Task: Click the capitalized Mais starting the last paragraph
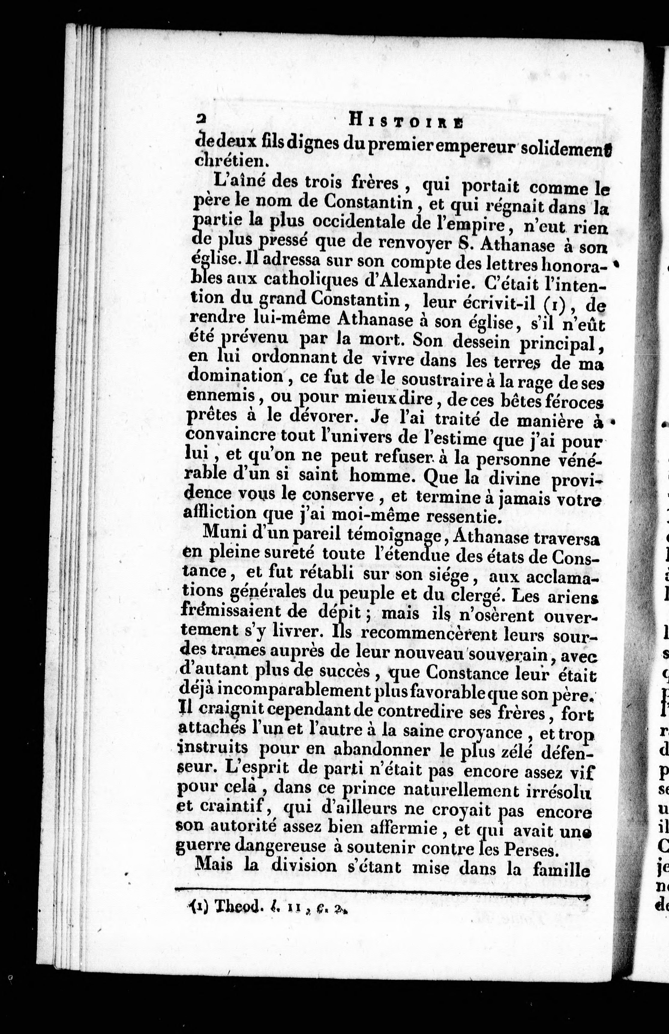pyautogui.click(x=215, y=852)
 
